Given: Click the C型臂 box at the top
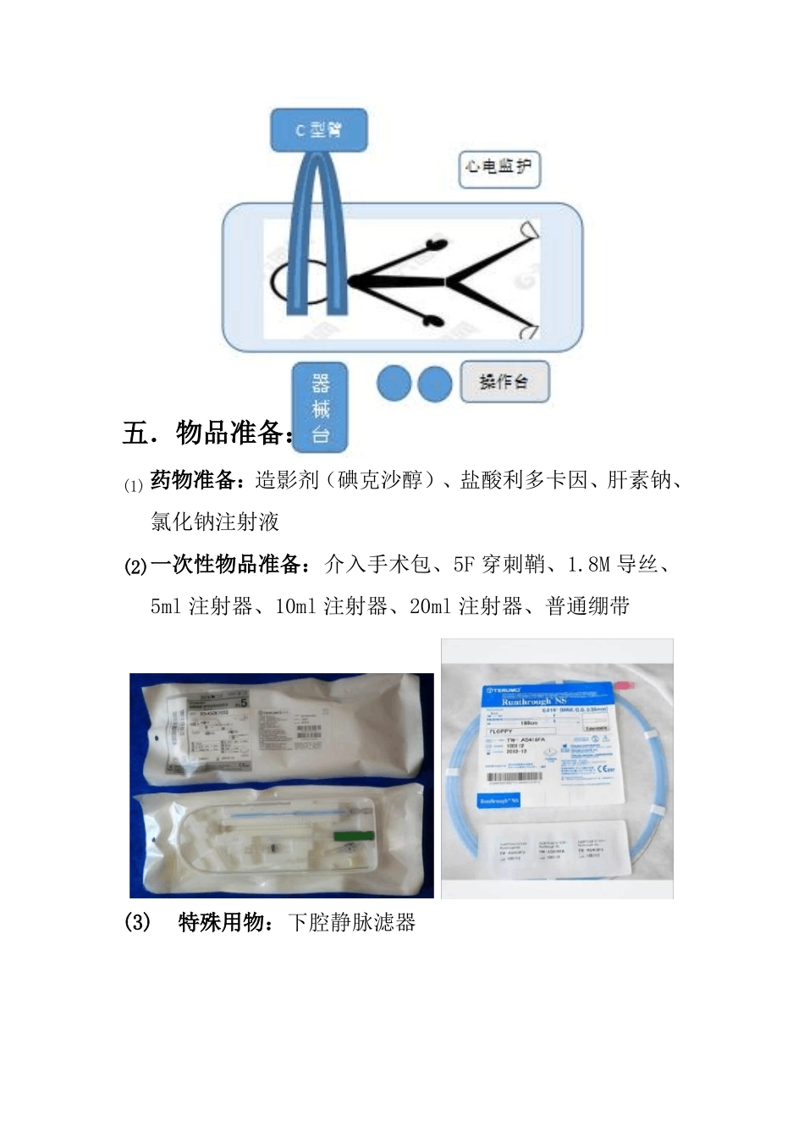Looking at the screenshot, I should click(318, 130).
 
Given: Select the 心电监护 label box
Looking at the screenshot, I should click(498, 168).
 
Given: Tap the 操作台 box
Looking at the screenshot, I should click(505, 382).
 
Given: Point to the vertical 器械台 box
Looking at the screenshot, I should click(320, 407).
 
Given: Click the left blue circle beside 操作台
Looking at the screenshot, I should click(394, 384).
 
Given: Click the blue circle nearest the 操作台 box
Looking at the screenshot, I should click(435, 384).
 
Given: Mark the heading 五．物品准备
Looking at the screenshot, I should click(208, 433).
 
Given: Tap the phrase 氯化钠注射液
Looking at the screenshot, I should click(215, 522).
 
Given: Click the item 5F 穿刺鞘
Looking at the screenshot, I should click(498, 564).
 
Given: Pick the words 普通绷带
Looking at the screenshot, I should click(588, 606).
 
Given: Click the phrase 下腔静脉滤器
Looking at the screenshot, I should click(352, 922).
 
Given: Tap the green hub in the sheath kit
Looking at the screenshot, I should click(347, 837).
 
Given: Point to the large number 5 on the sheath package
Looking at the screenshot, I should click(244, 702).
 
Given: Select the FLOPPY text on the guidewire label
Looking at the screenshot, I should click(502, 731).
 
